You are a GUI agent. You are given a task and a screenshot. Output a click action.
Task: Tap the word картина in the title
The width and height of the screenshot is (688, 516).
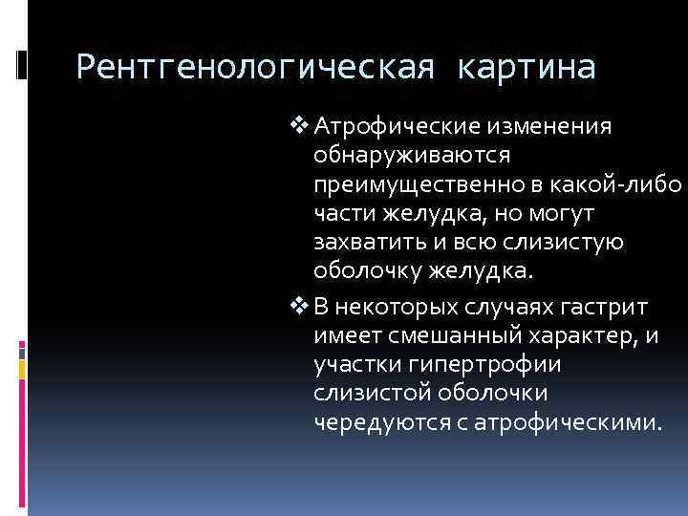(527, 68)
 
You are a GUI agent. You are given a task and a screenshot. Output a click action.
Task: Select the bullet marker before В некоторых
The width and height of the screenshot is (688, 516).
(304, 306)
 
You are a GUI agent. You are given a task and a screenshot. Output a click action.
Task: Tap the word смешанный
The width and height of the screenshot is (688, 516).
(463, 335)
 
